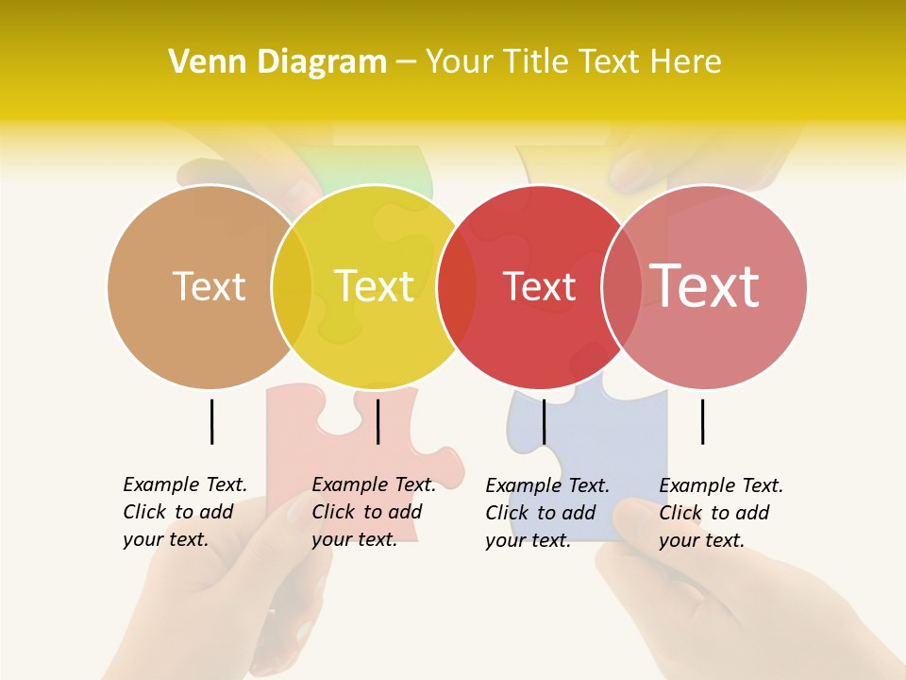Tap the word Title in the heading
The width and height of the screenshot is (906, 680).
click(535, 62)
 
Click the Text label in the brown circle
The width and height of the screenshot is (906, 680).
click(209, 286)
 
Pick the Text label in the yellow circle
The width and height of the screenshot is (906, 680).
click(375, 286)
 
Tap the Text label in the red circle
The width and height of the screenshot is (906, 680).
click(539, 286)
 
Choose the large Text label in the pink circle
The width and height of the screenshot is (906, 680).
click(705, 286)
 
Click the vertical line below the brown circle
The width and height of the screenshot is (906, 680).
click(211, 421)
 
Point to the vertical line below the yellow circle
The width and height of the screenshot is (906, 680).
click(377, 421)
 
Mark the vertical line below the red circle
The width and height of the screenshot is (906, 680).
click(544, 421)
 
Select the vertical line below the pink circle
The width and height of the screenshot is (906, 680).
click(702, 421)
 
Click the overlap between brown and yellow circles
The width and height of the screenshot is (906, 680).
click(292, 286)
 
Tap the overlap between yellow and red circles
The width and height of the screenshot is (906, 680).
click(457, 286)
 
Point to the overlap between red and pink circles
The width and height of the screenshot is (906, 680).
click(622, 286)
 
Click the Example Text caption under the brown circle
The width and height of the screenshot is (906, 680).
click(185, 512)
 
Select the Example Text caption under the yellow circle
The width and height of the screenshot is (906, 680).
click(374, 512)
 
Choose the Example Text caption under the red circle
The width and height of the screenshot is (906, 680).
click(547, 513)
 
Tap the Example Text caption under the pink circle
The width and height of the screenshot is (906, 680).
click(721, 513)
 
